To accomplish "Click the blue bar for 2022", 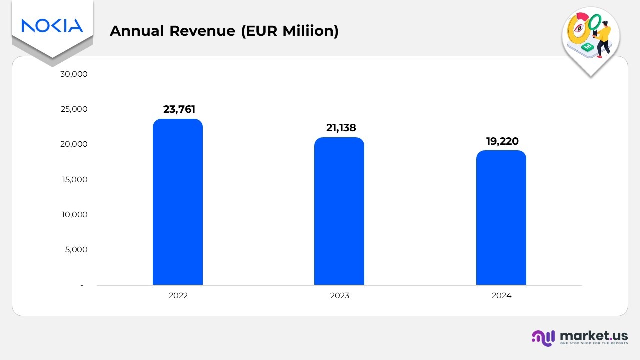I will point(178,202).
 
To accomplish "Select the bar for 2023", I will point(339,211).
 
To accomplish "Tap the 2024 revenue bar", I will point(501,218).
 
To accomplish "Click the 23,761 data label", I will point(179,109).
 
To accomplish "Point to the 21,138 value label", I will point(341,128).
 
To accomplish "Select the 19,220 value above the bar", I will point(502,141).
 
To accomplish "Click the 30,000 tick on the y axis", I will point(74,74).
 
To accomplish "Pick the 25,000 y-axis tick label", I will point(74,109).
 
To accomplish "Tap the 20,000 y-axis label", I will point(74,144).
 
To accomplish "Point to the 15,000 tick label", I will point(74,179).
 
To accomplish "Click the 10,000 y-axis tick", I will point(74,215).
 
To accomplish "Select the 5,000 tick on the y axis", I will point(76,250).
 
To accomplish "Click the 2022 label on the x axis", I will point(178,296).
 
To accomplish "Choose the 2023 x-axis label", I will point(340,296).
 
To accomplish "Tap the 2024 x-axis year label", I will point(501,296).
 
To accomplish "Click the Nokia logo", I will point(52,25).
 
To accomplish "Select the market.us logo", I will point(579,337).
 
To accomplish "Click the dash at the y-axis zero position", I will point(82,285).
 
